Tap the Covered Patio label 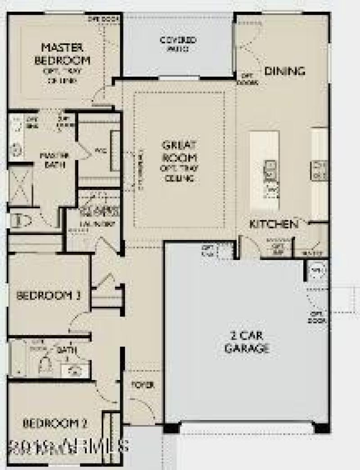click(178, 44)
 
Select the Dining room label click(284, 71)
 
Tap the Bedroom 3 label click(49, 296)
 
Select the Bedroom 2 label click(55, 423)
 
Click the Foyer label click(143, 385)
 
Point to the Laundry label click(97, 223)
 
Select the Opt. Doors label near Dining click(248, 79)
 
